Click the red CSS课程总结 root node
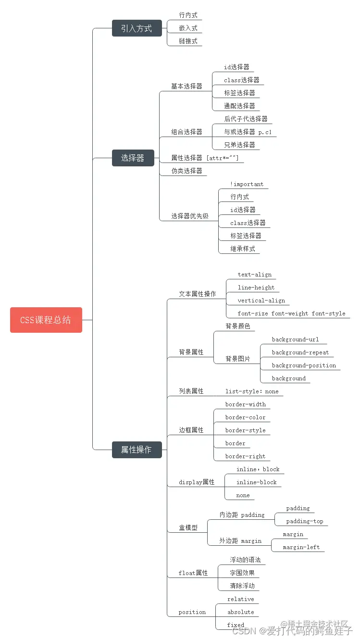point(46,320)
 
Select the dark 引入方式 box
point(137,28)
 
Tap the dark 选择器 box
point(133,158)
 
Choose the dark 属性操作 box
point(137,450)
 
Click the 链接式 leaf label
point(188,41)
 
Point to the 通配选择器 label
point(239,106)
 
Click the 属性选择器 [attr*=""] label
point(205,158)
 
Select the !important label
point(247,184)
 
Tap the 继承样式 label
point(243,249)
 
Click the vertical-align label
point(261,301)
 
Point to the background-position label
point(304,365)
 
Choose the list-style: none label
point(252,391)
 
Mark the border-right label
point(245,456)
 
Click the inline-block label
point(256,482)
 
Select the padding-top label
point(305,521)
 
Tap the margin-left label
point(301,547)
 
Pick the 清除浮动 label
point(242,586)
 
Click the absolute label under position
point(240,612)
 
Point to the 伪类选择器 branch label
point(187,171)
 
